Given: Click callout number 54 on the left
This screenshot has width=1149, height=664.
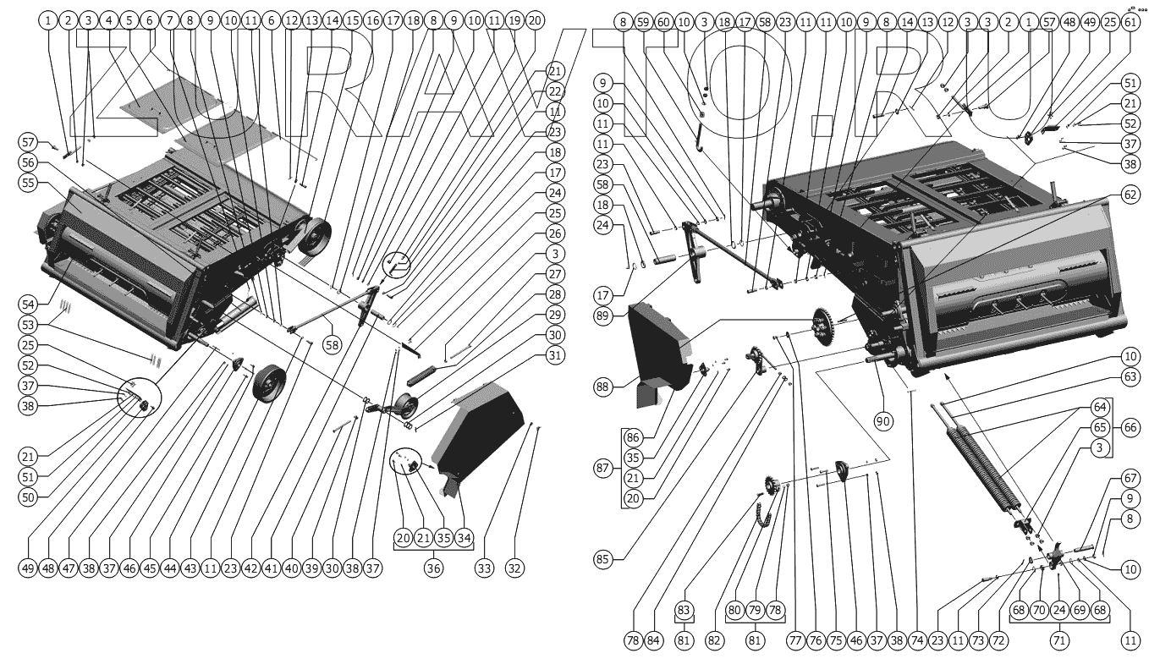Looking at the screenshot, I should click(x=27, y=303).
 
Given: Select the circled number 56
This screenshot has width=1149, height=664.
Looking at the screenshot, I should click(x=27, y=163).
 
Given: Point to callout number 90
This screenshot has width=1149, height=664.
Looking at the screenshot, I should click(x=883, y=422).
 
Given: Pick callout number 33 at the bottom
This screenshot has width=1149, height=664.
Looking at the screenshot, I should click(x=483, y=568).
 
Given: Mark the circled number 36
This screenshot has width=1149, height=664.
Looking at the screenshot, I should click(x=433, y=568).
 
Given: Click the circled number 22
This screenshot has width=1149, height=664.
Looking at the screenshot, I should click(x=554, y=91).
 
